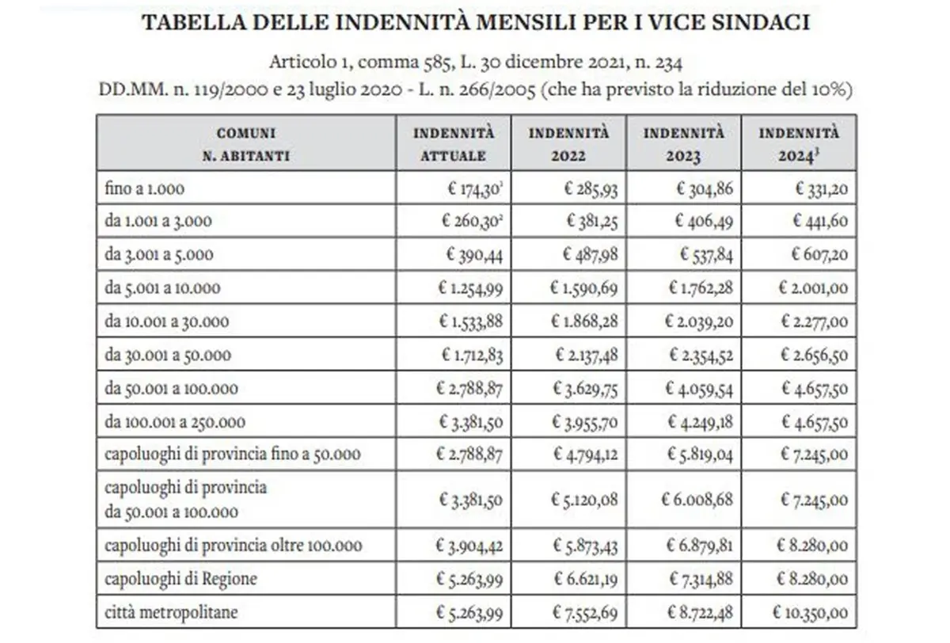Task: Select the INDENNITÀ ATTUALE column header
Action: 454,143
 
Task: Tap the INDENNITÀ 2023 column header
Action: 683,143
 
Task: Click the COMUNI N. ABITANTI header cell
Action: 246,143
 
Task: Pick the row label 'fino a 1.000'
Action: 145,188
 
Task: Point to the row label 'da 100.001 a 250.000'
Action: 175,422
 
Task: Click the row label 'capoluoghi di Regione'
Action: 180,579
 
